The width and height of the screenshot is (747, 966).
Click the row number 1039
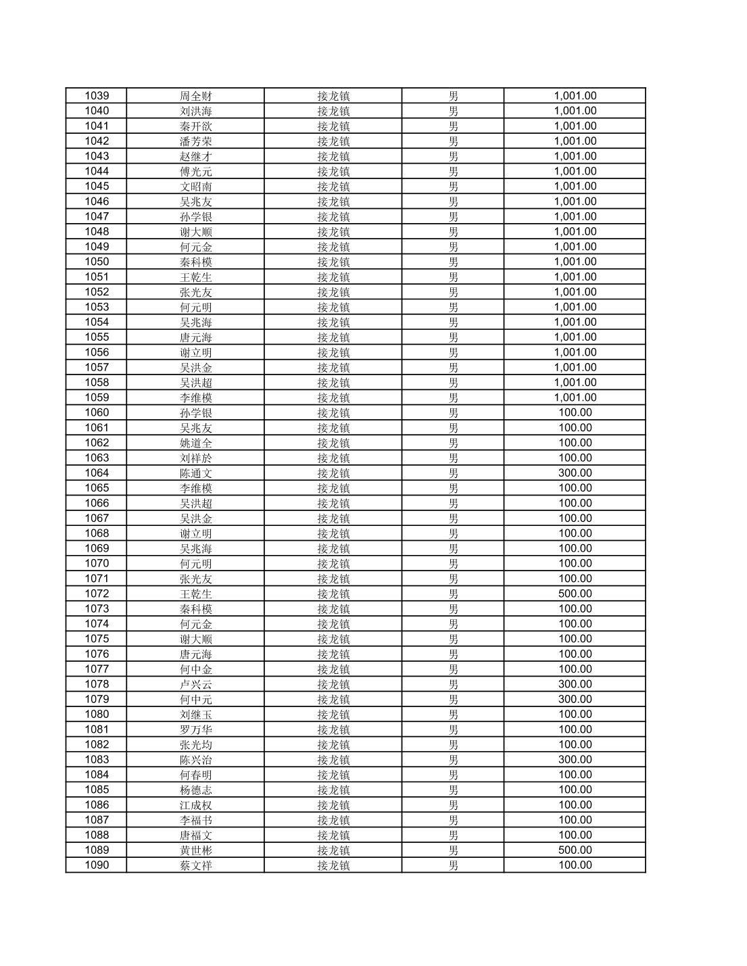pos(97,96)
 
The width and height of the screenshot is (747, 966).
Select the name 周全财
pos(195,96)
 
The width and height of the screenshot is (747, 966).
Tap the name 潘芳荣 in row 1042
pos(195,141)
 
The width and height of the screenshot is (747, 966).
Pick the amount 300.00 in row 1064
pos(575,473)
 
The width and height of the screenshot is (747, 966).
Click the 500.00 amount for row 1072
pos(575,594)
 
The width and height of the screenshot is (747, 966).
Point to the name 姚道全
pos(195,443)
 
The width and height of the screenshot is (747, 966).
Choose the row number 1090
pos(97,865)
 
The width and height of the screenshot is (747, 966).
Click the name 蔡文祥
pos(195,865)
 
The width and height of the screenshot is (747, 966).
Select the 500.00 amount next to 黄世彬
pos(575,850)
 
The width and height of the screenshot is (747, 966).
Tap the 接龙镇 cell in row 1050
pos(333,262)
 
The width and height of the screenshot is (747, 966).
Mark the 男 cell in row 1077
pos(453,669)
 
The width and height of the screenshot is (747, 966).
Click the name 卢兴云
pos(195,684)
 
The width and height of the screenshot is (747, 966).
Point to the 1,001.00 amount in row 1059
pos(575,397)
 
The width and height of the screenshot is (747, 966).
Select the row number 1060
pos(97,412)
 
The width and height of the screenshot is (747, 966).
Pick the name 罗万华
pos(195,729)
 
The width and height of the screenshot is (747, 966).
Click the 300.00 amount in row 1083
pos(575,760)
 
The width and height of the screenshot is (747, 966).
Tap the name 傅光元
pos(195,171)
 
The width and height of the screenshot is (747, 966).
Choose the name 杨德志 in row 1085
pos(195,790)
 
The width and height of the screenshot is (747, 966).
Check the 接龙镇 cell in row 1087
pos(333,820)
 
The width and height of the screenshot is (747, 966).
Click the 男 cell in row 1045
pos(453,187)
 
